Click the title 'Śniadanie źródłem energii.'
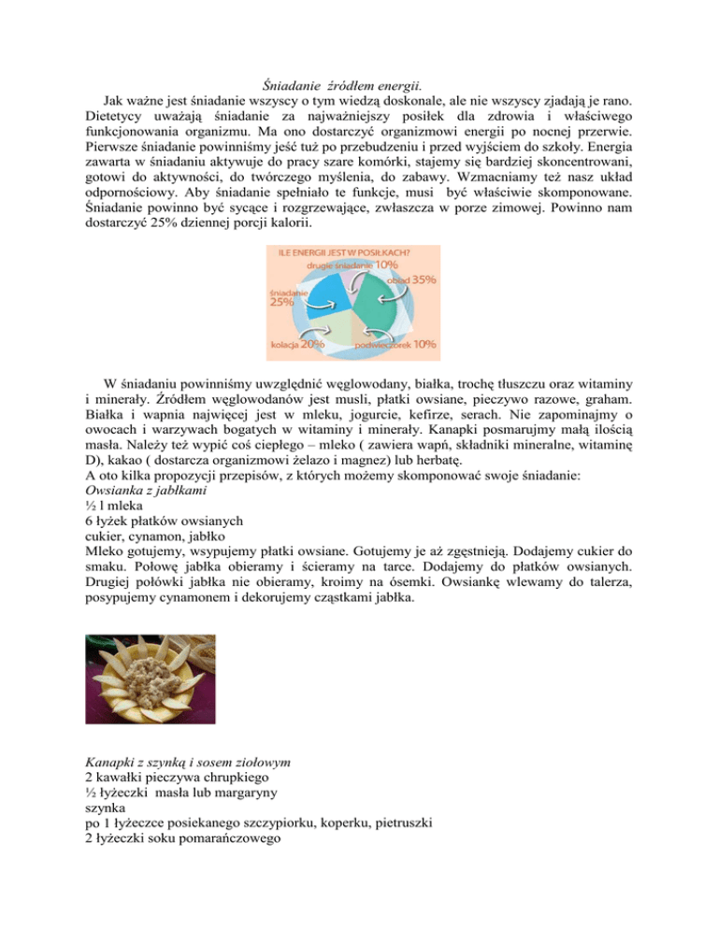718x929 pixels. (358, 87)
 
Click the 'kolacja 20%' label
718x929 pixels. (297, 344)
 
